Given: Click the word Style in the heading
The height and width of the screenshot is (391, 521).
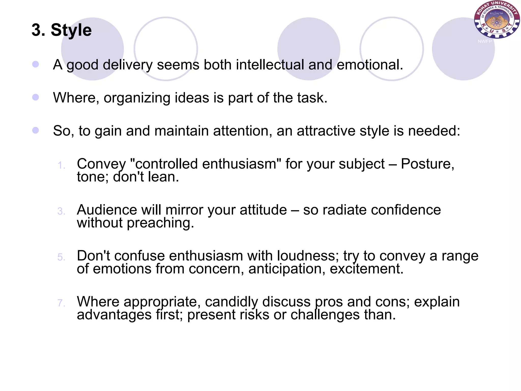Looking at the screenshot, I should [x=71, y=30].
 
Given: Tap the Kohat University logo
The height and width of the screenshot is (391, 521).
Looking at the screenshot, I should [x=496, y=20].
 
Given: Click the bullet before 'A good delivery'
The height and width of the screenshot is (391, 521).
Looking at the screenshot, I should [x=36, y=64].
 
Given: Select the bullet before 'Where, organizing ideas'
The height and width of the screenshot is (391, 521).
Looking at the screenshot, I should [x=36, y=97].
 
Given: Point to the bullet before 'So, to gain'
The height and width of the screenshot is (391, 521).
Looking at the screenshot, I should [x=36, y=130].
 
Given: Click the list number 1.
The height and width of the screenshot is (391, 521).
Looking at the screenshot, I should [x=61, y=165].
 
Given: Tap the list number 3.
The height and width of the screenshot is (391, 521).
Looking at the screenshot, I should [x=61, y=211].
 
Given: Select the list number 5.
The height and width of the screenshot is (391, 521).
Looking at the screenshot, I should [x=61, y=257].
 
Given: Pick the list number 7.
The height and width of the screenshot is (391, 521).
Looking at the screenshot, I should [x=61, y=303].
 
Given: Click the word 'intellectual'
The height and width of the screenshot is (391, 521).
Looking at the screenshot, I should [x=270, y=65].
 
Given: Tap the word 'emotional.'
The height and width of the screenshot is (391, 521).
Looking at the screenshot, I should [x=370, y=65].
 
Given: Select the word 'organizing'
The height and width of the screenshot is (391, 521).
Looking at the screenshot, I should [x=137, y=98].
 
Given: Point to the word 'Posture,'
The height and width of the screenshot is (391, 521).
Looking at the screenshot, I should [x=427, y=164].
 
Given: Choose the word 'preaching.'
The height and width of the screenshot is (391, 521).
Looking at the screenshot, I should [x=161, y=223].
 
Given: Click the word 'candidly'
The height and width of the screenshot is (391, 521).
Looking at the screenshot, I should [x=231, y=302].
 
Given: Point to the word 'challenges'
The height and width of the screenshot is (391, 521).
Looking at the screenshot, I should [x=325, y=315].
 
